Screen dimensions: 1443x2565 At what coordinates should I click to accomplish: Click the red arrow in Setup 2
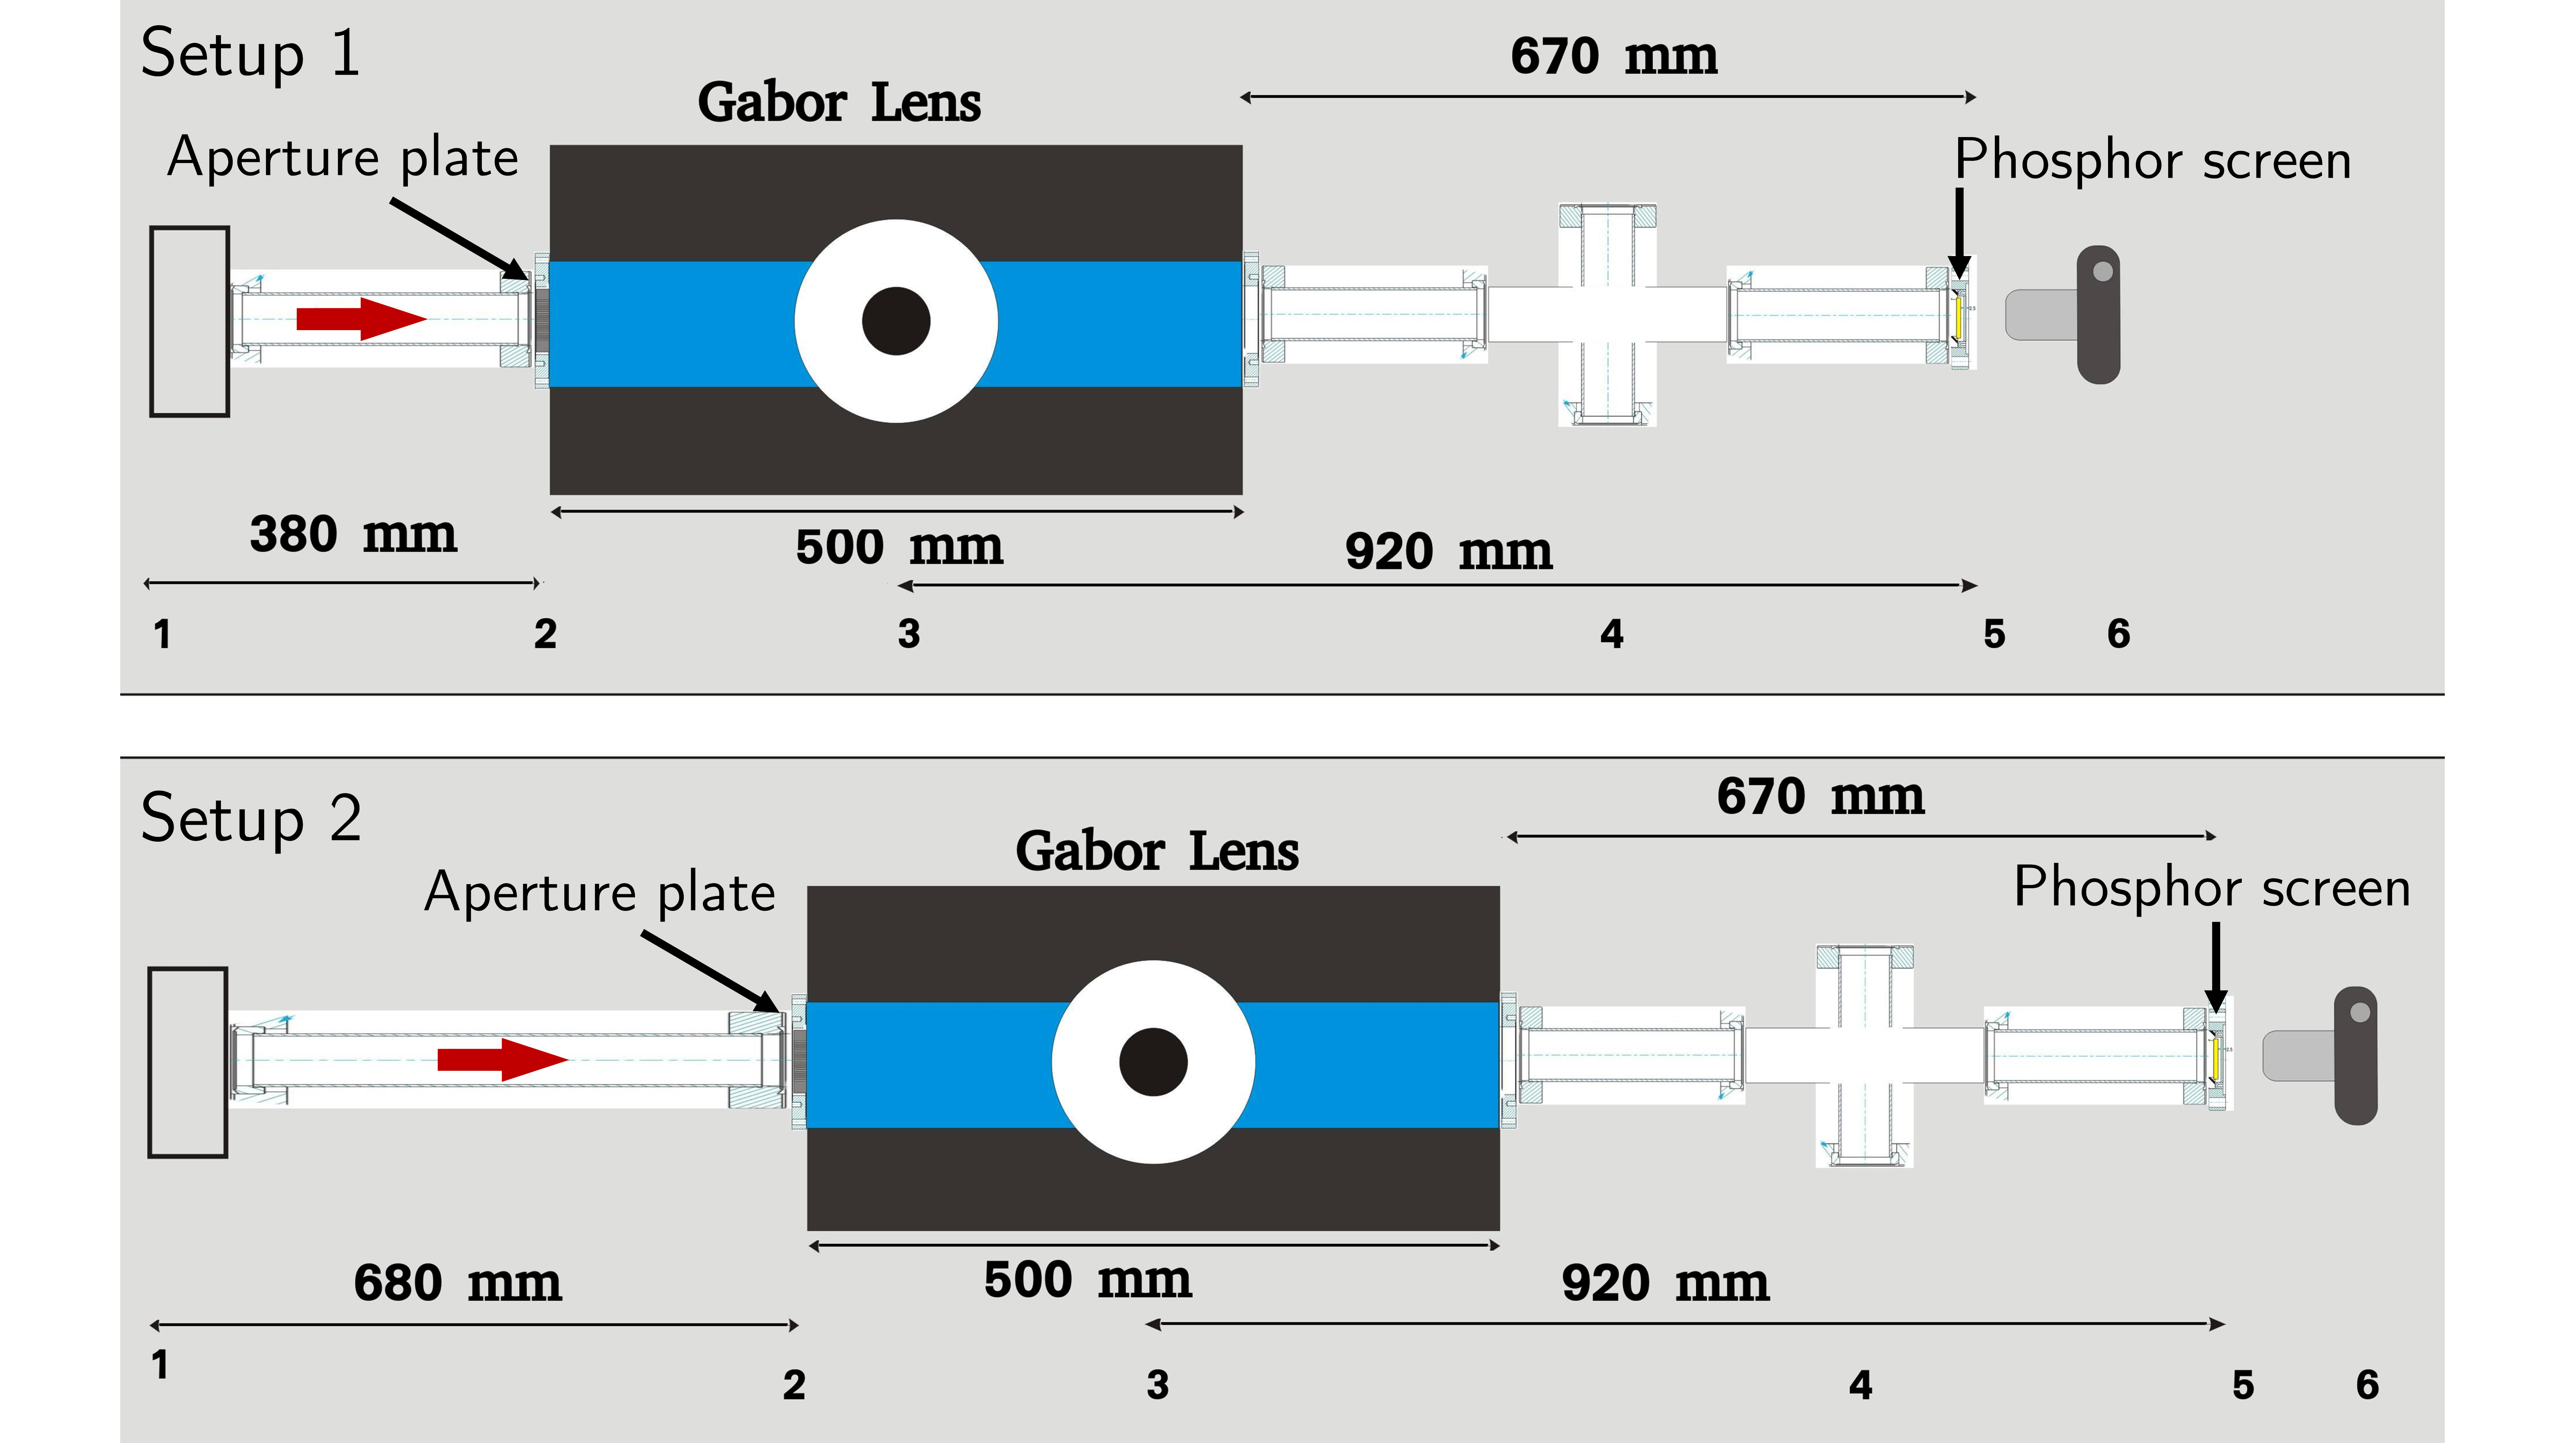pyautogui.click(x=502, y=1060)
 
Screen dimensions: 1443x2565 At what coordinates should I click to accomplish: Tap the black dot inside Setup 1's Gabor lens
pyautogui.click(x=895, y=321)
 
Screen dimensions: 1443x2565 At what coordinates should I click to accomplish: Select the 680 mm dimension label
pyautogui.click(x=457, y=1283)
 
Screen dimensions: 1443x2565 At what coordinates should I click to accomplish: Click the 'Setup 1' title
pyautogui.click(x=250, y=54)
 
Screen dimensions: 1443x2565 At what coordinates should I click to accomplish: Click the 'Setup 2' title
pyautogui.click(x=251, y=819)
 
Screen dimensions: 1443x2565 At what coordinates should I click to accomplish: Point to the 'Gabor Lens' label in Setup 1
pyautogui.click(x=838, y=103)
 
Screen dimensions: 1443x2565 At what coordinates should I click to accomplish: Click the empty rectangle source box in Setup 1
pyautogui.click(x=189, y=321)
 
